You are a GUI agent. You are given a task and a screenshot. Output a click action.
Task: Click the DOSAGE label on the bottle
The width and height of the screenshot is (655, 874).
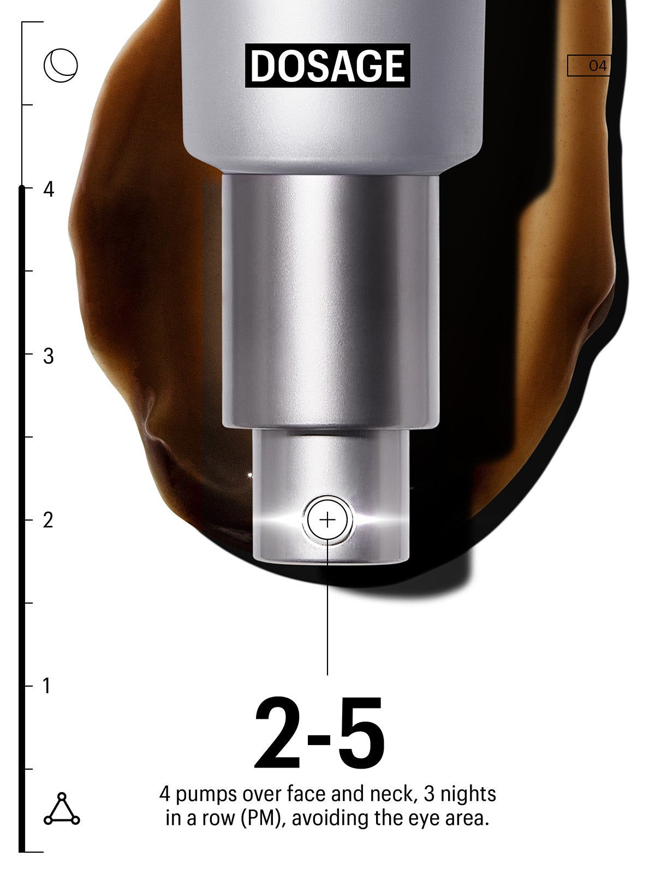point(327,66)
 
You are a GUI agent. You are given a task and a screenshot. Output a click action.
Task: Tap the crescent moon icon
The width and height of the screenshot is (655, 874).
point(61,66)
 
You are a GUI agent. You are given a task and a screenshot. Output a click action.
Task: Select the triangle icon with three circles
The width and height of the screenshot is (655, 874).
point(61,808)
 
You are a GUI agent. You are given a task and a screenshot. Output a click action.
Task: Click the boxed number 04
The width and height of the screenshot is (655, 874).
point(588,66)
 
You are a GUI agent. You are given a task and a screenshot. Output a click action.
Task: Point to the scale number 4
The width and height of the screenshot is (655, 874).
point(49,190)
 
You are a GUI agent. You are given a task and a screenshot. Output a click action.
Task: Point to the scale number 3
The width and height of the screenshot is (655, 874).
point(49,356)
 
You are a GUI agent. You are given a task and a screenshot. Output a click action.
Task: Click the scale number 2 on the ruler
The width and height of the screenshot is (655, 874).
point(48,520)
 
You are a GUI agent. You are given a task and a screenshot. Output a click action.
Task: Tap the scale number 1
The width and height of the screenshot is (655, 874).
point(47,686)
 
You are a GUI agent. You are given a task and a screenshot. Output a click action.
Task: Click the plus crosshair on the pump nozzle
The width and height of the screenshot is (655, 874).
point(327,521)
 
